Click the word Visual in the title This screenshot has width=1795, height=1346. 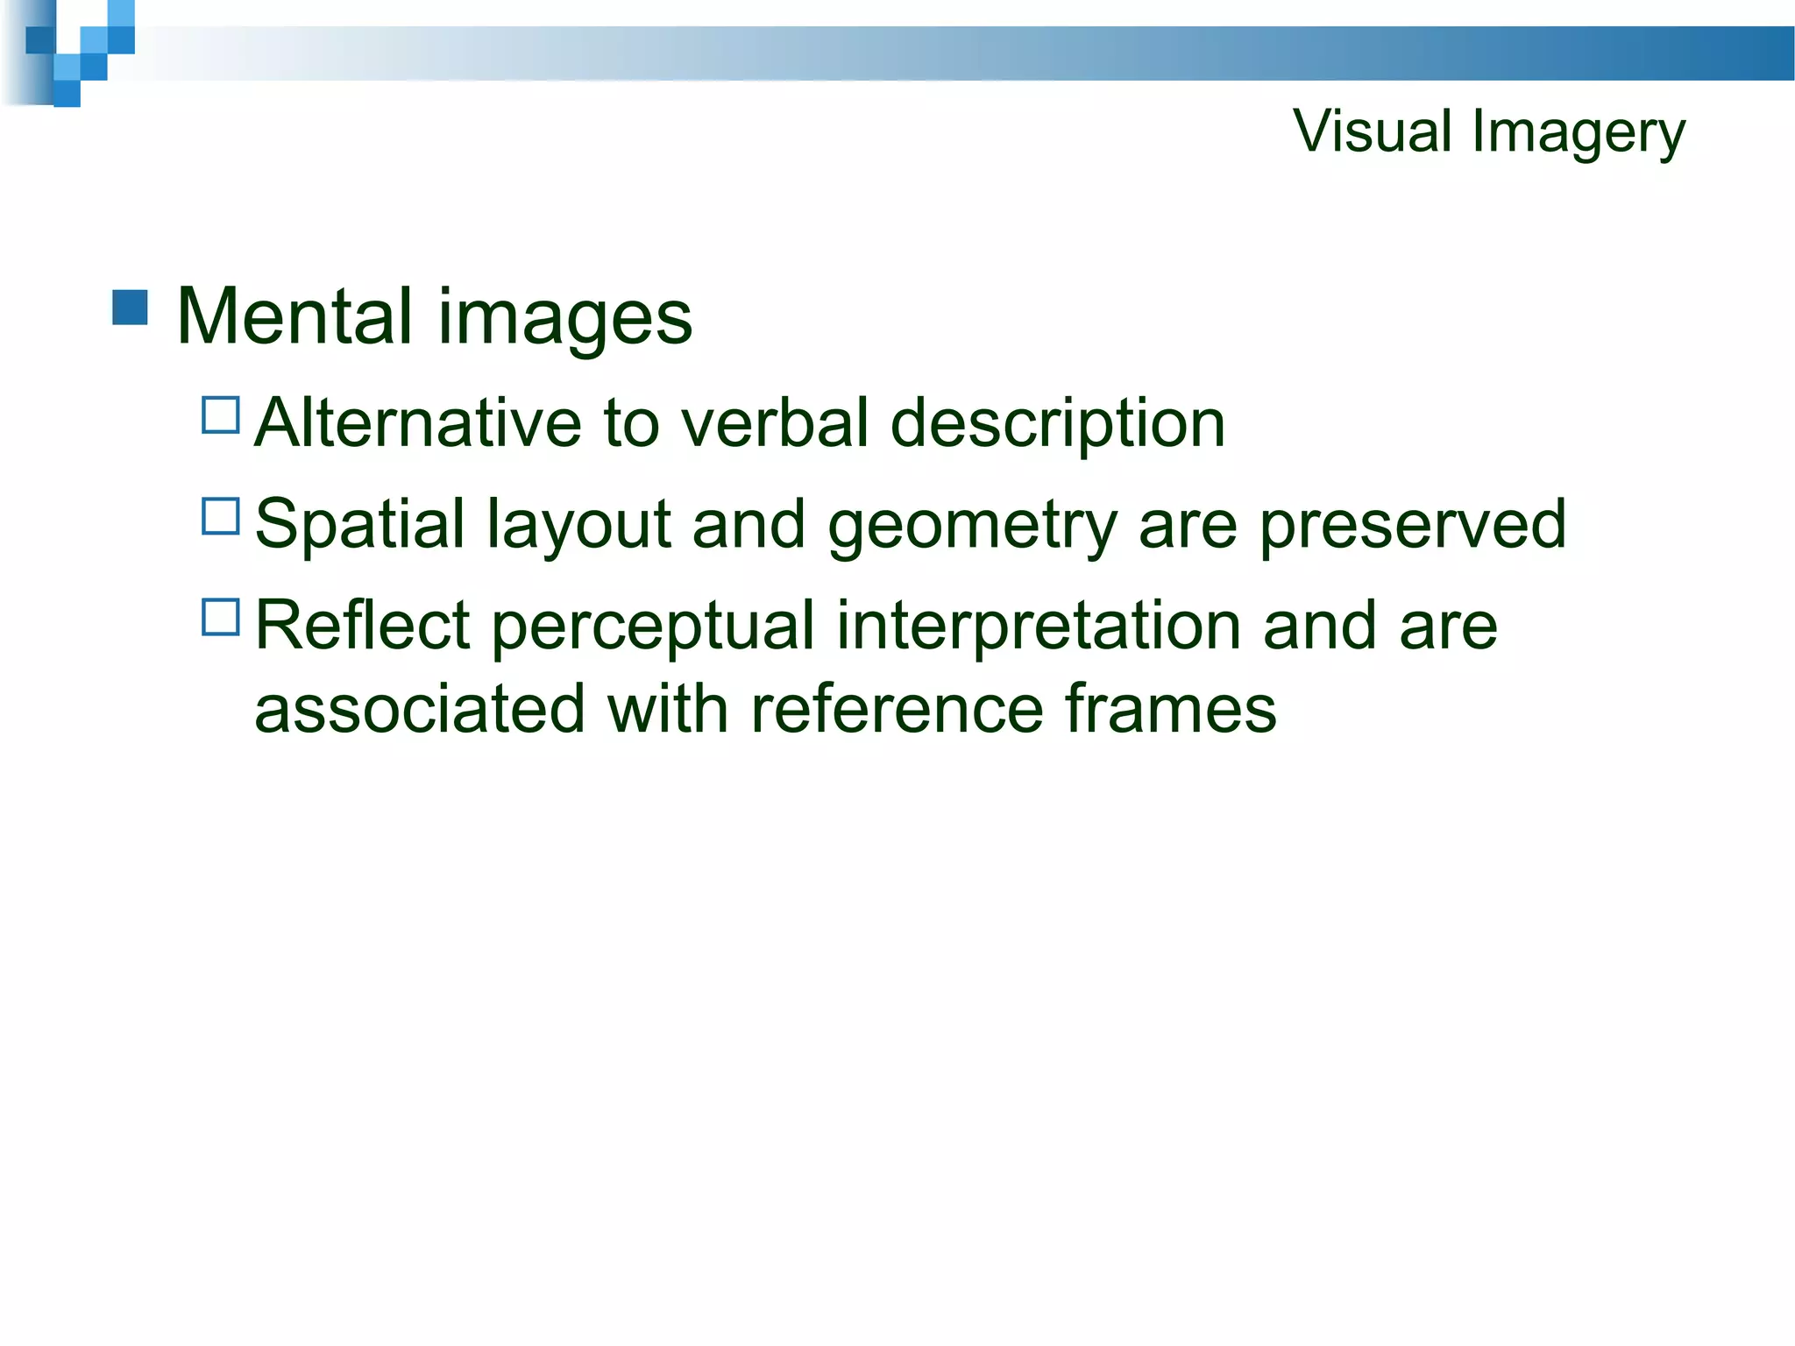[x=1373, y=131]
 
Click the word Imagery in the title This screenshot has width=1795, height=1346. [x=1579, y=133]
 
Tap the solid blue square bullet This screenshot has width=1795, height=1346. [x=130, y=308]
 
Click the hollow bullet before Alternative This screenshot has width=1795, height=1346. [x=221, y=415]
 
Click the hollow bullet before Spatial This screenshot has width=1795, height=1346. [x=221, y=516]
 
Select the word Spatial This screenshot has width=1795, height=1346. [x=359, y=525]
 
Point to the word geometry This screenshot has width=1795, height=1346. [x=972, y=527]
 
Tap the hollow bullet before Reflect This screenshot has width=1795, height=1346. [x=221, y=617]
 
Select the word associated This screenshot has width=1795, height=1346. [x=419, y=709]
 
